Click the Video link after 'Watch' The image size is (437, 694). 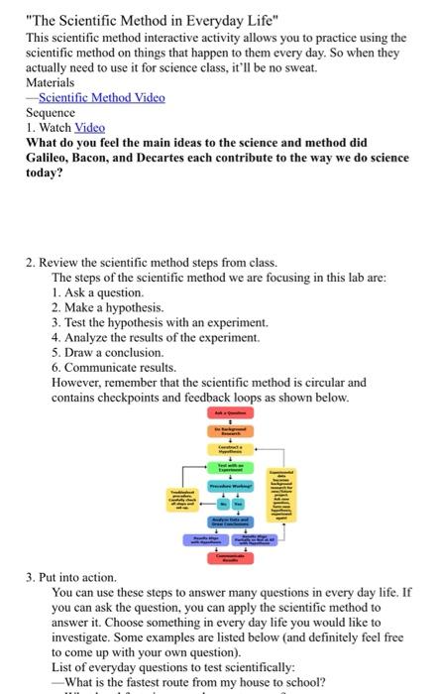[91, 127]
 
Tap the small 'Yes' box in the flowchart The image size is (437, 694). [238, 504]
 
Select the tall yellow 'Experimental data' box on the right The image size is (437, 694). [281, 495]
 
